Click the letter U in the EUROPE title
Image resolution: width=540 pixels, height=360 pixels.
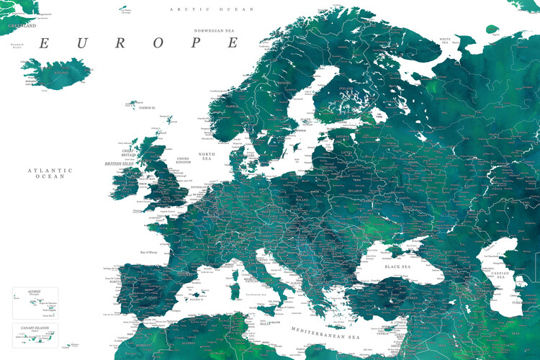click(81, 43)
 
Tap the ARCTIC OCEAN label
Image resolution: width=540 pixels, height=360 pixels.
click(212, 9)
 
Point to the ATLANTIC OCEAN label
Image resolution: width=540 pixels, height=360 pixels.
click(50, 173)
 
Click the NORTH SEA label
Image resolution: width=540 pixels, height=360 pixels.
click(207, 156)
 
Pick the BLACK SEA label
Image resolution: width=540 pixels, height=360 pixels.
click(397, 266)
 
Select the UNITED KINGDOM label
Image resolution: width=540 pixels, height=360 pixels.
click(184, 161)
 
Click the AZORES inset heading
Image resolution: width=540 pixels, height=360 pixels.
click(34, 292)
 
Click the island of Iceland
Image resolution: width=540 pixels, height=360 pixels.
click(59, 72)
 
